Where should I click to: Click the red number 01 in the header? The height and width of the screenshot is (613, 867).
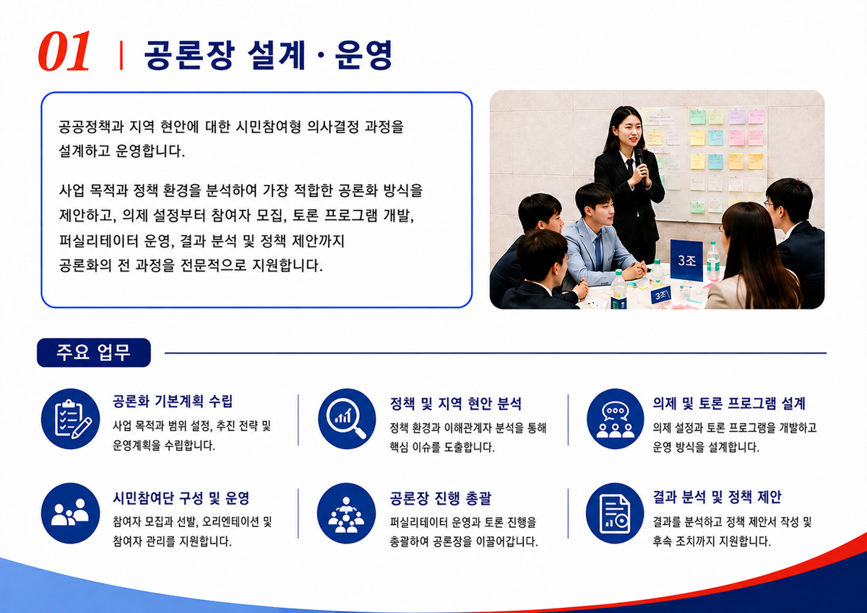point(64,51)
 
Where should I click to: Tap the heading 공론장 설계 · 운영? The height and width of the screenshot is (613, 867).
point(268,55)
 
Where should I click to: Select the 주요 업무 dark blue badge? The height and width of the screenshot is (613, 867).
point(94,352)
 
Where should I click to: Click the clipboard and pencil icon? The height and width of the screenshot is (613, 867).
point(71,419)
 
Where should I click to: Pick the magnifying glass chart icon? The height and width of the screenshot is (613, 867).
point(347,419)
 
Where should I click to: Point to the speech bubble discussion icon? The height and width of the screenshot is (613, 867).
point(616,419)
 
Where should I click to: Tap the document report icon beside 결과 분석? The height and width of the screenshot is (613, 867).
point(615,513)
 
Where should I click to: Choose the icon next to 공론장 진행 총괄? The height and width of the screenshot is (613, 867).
point(346,513)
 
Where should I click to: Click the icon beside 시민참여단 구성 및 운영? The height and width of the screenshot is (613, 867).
point(71,513)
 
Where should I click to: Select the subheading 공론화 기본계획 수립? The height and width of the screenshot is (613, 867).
point(173,401)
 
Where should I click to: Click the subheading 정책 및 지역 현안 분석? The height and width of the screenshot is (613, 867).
point(456,404)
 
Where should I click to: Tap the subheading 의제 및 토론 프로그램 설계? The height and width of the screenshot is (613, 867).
point(729,404)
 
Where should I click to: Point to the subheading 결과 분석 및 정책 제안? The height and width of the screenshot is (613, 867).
point(717,497)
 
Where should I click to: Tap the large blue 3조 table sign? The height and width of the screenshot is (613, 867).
point(686,260)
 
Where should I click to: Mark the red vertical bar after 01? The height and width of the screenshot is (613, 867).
point(121,55)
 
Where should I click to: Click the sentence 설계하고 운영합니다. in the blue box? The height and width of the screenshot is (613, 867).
point(122,151)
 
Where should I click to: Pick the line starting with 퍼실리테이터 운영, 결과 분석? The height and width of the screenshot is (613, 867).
point(202,241)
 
